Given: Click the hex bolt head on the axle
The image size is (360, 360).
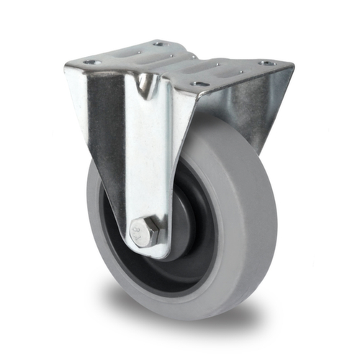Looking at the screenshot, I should [144, 233].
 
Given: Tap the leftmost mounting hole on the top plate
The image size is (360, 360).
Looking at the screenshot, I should [91, 63].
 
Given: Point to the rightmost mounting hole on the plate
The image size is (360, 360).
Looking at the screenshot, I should [267, 63].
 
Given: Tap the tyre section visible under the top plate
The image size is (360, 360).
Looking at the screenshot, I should [216, 130].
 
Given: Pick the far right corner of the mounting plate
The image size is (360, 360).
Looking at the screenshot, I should [292, 67].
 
